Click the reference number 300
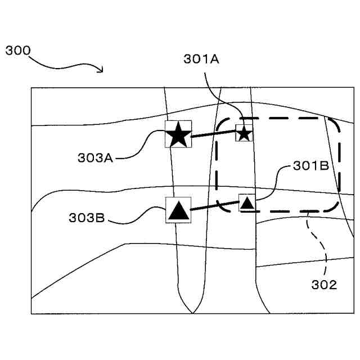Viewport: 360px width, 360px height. [18, 50]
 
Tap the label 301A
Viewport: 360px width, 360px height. [201, 59]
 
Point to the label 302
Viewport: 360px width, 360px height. [324, 285]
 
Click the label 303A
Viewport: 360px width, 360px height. [96, 158]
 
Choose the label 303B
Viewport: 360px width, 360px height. [87, 218]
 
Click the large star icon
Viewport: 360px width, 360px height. [178, 134]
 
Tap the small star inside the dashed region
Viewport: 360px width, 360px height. [244, 133]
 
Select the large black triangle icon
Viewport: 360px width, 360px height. [178, 210]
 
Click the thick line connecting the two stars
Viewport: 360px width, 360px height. [213, 134]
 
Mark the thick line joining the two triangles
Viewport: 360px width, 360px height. [215, 206]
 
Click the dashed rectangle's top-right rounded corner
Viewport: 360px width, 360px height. [335, 125]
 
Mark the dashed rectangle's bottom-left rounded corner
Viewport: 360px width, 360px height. [223, 206]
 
